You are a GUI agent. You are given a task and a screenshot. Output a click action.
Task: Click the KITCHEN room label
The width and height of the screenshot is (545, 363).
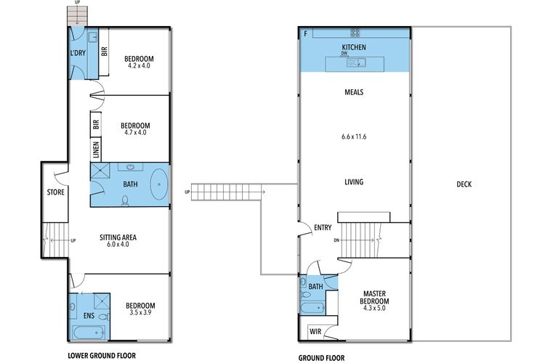(354, 47)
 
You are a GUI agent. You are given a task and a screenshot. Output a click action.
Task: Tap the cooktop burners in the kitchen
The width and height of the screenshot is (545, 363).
(355, 33)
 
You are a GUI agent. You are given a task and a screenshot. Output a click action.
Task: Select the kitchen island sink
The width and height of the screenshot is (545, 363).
(356, 63)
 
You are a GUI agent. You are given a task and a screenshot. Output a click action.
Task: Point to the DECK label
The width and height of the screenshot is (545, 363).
(464, 184)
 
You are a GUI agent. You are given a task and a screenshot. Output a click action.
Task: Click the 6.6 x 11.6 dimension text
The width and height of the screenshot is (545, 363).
(354, 137)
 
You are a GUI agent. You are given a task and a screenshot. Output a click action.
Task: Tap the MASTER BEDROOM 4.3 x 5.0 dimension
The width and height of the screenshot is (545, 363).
(374, 308)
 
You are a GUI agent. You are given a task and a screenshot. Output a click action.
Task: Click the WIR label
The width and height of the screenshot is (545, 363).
(315, 332)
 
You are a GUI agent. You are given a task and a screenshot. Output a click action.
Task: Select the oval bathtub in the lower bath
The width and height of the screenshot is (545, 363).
(159, 184)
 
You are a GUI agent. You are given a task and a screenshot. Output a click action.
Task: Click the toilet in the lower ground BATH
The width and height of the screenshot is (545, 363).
(125, 200)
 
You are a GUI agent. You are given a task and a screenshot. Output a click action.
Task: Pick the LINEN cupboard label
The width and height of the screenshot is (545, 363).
(96, 150)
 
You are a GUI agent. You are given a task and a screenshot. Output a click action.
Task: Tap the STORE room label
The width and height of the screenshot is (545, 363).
(56, 192)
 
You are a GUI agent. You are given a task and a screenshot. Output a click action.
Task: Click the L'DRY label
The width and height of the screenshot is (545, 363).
(78, 53)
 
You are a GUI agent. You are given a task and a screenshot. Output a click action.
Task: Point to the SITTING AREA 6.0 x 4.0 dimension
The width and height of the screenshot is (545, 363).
(118, 245)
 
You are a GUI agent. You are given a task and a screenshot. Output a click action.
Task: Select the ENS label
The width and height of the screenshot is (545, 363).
(89, 316)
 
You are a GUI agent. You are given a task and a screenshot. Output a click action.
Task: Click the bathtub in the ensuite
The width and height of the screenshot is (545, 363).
(89, 333)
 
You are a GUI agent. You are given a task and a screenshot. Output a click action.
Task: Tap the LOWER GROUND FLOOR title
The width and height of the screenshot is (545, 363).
(102, 356)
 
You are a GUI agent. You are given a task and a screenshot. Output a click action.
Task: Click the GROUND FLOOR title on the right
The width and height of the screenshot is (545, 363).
(321, 358)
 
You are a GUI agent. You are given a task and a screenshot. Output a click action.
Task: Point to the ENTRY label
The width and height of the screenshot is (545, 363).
(323, 228)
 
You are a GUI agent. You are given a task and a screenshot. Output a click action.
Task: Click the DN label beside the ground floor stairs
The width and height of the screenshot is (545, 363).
(336, 240)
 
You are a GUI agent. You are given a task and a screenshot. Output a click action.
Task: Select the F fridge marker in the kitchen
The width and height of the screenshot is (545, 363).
(305, 33)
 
